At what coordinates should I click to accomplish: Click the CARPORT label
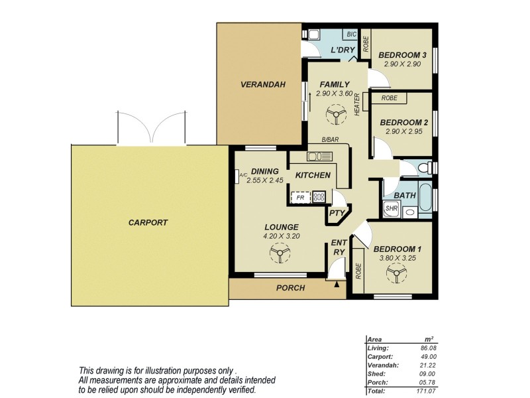tap(148, 223)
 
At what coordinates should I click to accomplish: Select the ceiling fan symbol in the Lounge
tap(280, 253)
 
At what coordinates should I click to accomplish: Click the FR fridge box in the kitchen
tap(300, 197)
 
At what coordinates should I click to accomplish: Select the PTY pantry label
tap(337, 213)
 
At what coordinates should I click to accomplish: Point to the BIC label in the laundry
tap(351, 34)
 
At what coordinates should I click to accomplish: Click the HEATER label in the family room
tap(357, 104)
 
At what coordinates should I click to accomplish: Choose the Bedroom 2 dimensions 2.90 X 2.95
tap(403, 133)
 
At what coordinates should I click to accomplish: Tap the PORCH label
tap(290, 288)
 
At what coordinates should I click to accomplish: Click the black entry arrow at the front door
tap(337, 285)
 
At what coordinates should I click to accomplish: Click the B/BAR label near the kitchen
tap(329, 140)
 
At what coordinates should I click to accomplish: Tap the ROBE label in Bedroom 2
tap(390, 98)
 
